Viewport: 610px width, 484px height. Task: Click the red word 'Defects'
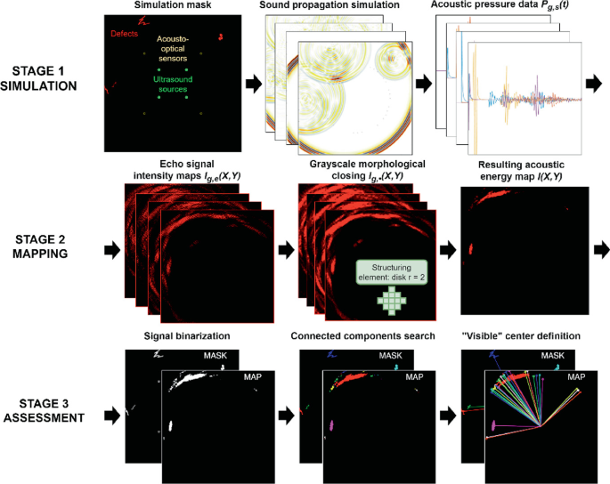[x=123, y=35]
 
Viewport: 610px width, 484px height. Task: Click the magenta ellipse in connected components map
[x=330, y=426]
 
